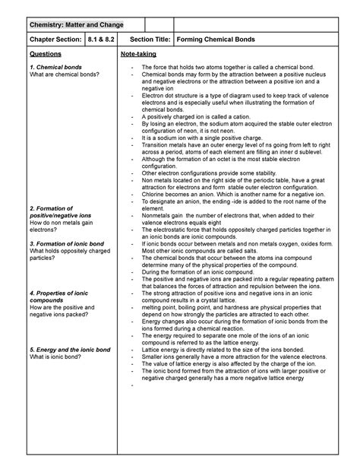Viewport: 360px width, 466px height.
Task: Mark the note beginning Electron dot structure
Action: point(228,96)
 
